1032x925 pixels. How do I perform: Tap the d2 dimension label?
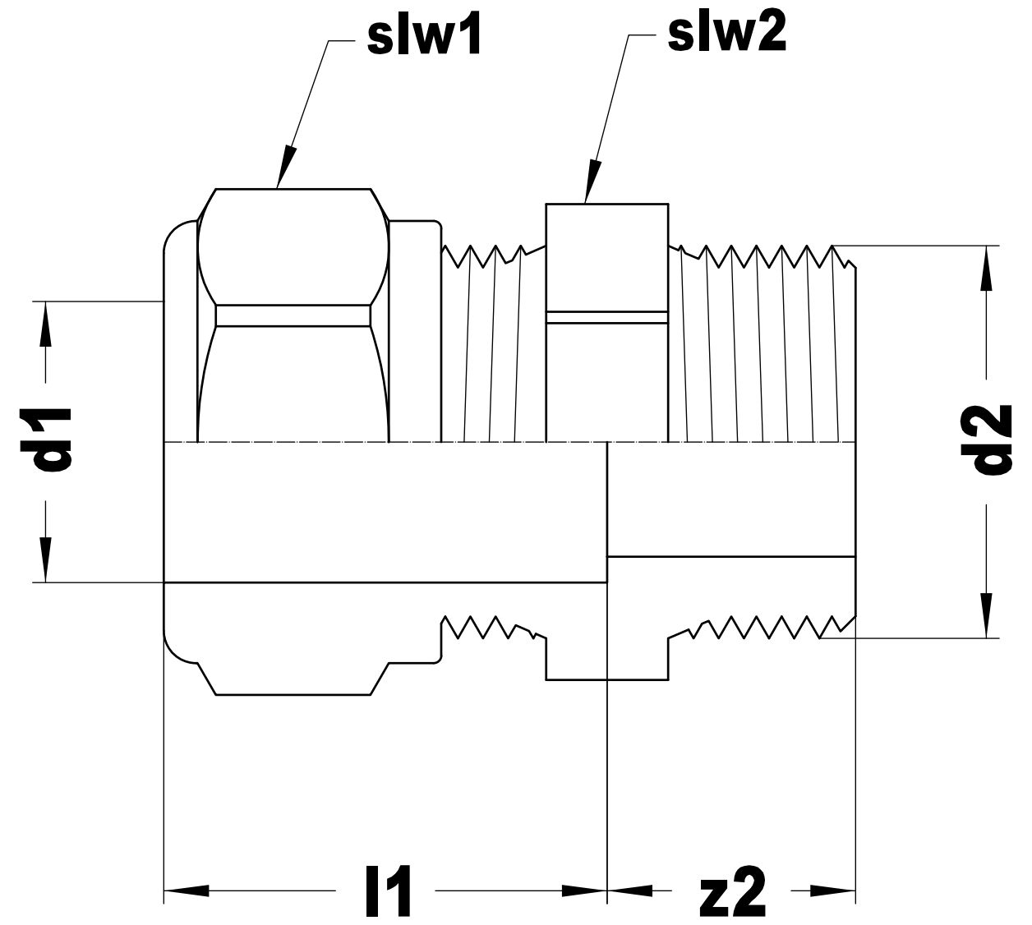tap(990, 439)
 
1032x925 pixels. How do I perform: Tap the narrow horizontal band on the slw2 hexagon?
tap(606, 317)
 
